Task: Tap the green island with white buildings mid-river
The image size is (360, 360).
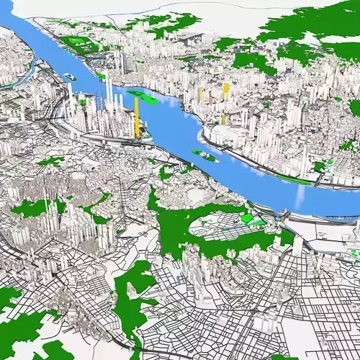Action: point(205,154)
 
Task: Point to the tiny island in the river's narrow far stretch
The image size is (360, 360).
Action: point(70,75)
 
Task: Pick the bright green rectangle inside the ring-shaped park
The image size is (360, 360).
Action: point(248,217)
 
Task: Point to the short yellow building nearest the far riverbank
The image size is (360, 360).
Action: point(223,120)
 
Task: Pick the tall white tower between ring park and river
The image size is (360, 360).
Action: point(297,245)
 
